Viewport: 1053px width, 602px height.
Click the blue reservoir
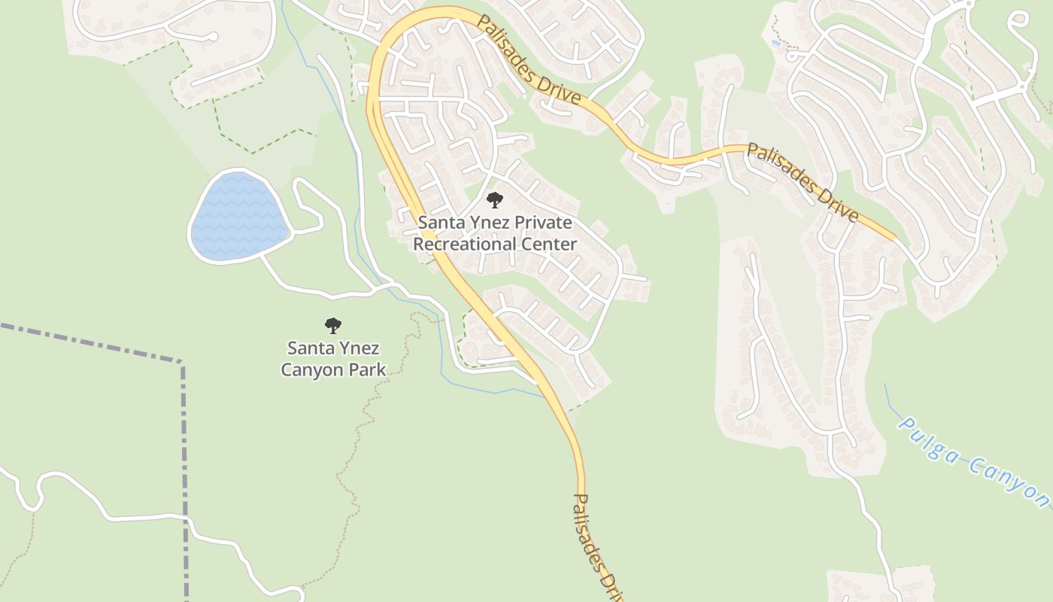click(x=239, y=217)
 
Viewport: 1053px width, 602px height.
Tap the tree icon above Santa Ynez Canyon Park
click(x=333, y=326)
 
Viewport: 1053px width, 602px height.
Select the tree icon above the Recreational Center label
click(x=495, y=200)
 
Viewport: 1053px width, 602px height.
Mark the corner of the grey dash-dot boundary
click(x=182, y=363)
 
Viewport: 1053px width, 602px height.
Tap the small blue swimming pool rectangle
click(x=775, y=43)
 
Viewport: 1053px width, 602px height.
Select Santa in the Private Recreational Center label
click(x=438, y=223)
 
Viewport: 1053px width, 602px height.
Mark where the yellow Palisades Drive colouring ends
click(x=894, y=238)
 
